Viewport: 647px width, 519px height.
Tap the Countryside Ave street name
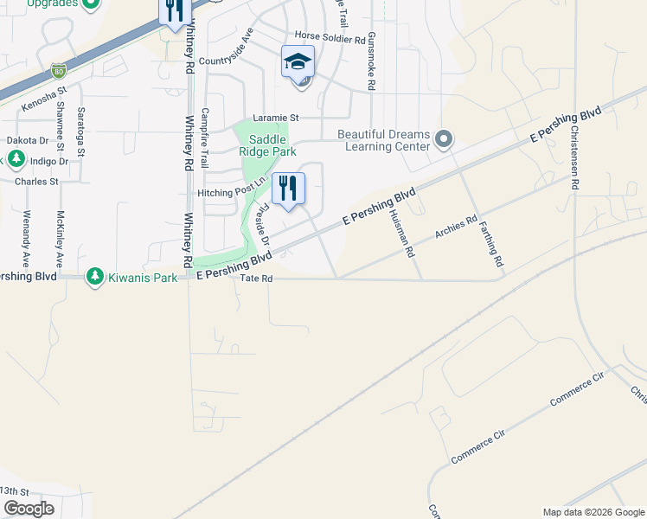(x=226, y=53)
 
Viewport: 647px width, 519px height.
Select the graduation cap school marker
(x=298, y=62)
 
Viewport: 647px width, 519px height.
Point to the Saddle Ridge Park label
(x=267, y=145)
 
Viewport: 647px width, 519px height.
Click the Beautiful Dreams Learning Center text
(x=383, y=140)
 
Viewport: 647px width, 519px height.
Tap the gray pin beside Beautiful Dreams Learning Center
(x=444, y=139)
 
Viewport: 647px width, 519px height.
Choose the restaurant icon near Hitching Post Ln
(x=289, y=188)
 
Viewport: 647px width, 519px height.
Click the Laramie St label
(x=275, y=118)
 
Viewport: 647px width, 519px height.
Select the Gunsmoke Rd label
(x=371, y=62)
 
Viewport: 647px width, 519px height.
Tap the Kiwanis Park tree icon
(x=93, y=278)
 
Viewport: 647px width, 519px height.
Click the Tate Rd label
(x=256, y=279)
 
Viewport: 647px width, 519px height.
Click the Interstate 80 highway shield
(x=58, y=68)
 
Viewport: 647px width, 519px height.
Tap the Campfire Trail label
(x=204, y=137)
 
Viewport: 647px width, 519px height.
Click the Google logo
(x=29, y=509)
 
